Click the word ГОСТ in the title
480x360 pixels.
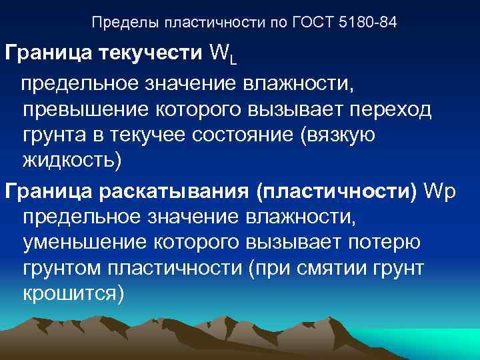[x=312, y=23]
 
